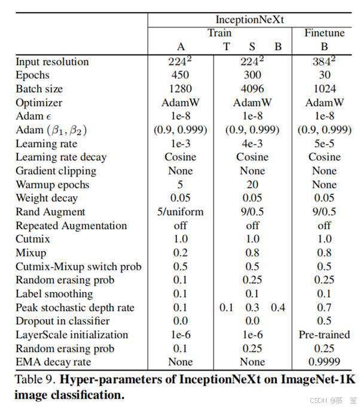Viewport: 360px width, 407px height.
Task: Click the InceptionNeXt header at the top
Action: point(252,19)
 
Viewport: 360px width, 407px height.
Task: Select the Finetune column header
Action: point(324,33)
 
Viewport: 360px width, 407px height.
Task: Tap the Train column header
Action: point(219,33)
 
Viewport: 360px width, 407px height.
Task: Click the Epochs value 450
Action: point(180,75)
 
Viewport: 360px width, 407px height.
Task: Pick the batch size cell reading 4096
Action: point(252,89)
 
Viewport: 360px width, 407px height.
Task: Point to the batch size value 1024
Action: point(324,89)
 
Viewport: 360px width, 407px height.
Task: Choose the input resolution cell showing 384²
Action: point(324,62)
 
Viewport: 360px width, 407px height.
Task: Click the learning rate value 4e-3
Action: point(252,143)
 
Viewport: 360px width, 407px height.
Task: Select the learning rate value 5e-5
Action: point(324,143)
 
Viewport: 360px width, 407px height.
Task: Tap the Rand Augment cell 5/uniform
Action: point(180,212)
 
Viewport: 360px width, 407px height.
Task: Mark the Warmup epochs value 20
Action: point(252,185)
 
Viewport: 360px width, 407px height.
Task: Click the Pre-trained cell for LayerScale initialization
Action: point(324,335)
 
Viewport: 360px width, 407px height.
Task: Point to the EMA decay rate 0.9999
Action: point(324,362)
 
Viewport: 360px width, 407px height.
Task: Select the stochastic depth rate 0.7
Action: point(324,307)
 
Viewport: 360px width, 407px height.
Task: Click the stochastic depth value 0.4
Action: point(278,307)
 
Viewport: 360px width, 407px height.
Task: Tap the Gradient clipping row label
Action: point(56,171)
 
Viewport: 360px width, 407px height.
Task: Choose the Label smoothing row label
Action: point(54,293)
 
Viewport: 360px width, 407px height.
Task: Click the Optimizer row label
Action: point(38,103)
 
